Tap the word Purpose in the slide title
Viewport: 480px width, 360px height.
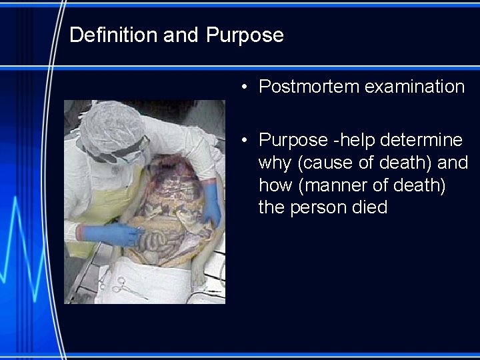245,35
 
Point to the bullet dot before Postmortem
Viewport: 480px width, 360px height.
246,87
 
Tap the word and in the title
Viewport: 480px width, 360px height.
181,35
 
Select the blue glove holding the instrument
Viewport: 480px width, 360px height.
107,233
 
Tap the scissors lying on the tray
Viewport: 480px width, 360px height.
120,287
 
